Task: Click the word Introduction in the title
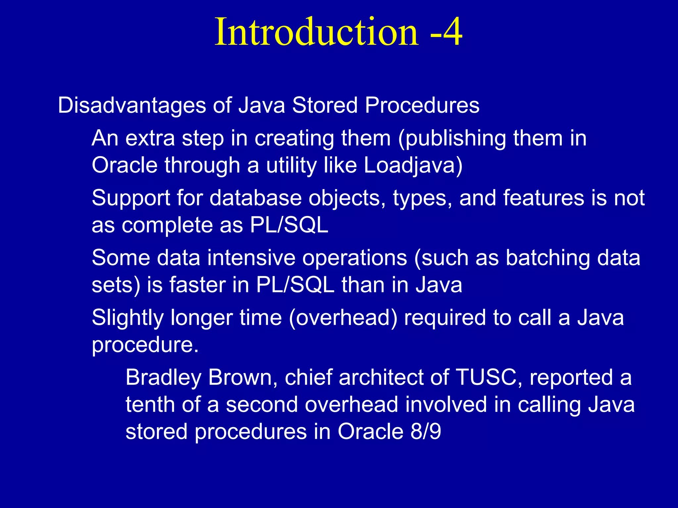pyautogui.click(x=317, y=32)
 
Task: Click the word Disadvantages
pyautogui.click(x=132, y=106)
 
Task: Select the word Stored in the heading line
pyautogui.click(x=324, y=106)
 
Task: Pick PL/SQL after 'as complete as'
pyautogui.click(x=289, y=226)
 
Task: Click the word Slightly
pyautogui.click(x=127, y=318)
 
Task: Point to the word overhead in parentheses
pyautogui.click(x=343, y=318)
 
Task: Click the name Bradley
pyautogui.click(x=164, y=378)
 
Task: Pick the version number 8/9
pyautogui.click(x=426, y=432)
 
